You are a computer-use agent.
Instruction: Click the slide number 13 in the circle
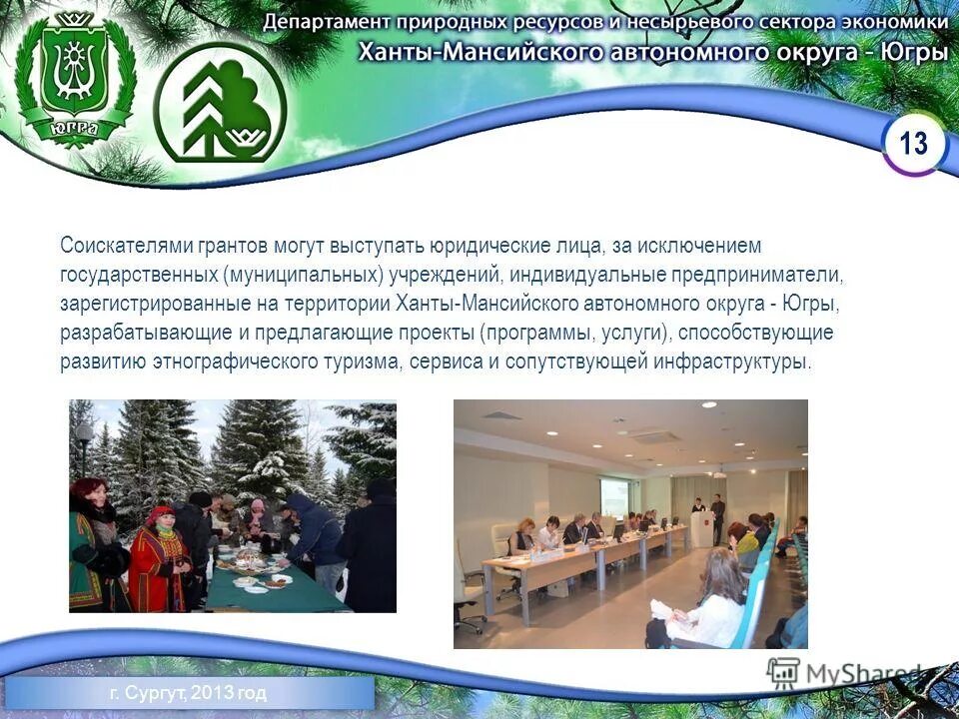(x=913, y=144)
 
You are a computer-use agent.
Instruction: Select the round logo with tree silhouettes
(x=220, y=103)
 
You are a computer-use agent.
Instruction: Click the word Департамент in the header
(x=329, y=21)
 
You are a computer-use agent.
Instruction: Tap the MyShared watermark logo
(x=844, y=673)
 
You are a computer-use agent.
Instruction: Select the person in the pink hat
(x=258, y=519)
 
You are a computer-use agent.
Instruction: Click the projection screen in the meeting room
(x=614, y=496)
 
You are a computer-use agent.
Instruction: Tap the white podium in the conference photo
(x=703, y=526)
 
